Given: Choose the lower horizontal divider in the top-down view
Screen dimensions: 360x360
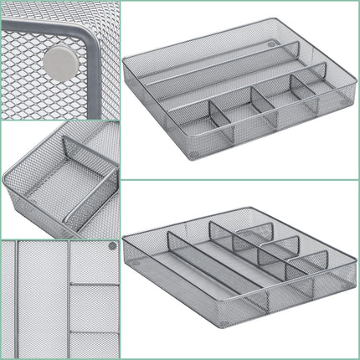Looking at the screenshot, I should coord(94,332).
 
